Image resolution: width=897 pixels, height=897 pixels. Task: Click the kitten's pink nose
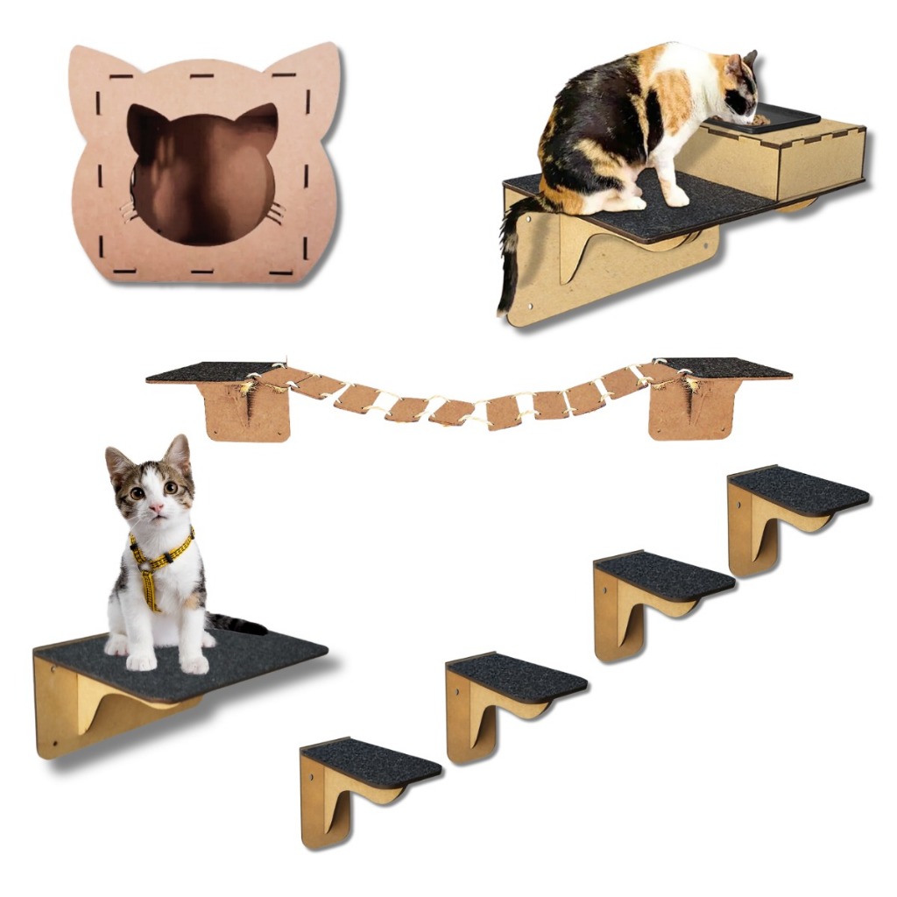pos(156,507)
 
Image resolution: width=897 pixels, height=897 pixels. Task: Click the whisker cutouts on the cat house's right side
pos(277,211)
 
